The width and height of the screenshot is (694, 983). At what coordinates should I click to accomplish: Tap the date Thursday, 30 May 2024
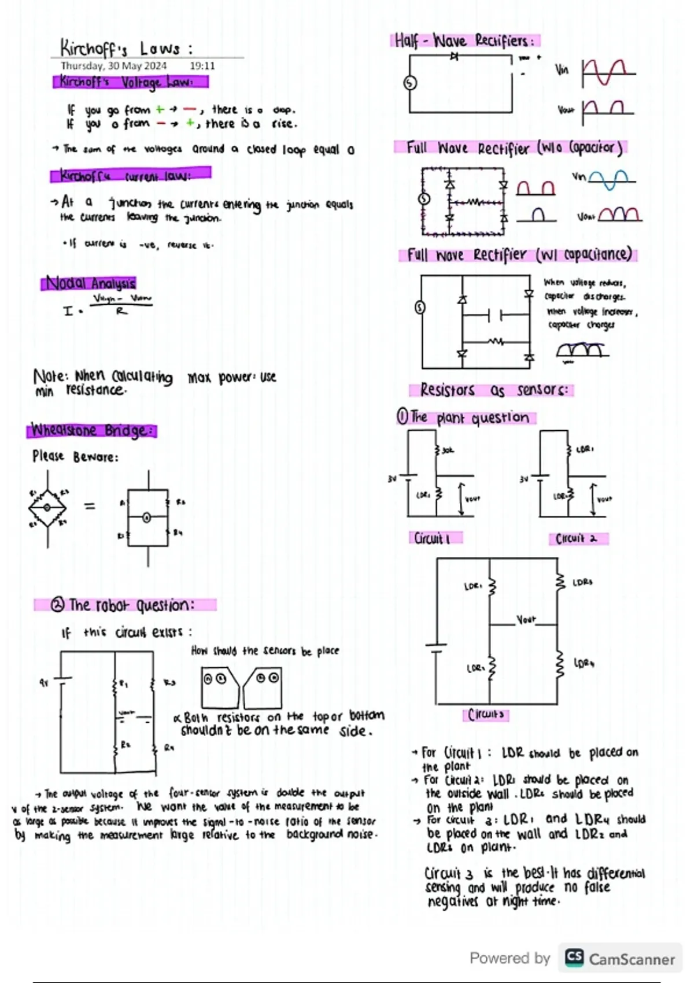114,66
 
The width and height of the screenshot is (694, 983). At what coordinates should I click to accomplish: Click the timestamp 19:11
202,66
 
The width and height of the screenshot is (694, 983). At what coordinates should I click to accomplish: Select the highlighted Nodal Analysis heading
89,283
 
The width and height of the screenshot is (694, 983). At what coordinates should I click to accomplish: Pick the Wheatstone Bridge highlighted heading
92,431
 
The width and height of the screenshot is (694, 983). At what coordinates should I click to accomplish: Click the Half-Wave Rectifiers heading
466,41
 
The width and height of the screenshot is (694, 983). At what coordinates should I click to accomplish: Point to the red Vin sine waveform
607,73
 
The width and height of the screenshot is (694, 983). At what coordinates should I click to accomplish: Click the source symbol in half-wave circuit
410,83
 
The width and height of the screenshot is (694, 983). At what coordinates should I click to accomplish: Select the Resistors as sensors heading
493,390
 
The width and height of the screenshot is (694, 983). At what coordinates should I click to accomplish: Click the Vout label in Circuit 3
526,620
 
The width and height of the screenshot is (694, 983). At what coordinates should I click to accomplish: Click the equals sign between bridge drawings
90,507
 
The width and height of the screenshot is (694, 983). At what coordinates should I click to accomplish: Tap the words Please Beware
75,457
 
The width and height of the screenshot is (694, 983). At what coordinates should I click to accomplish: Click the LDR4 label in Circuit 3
584,663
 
